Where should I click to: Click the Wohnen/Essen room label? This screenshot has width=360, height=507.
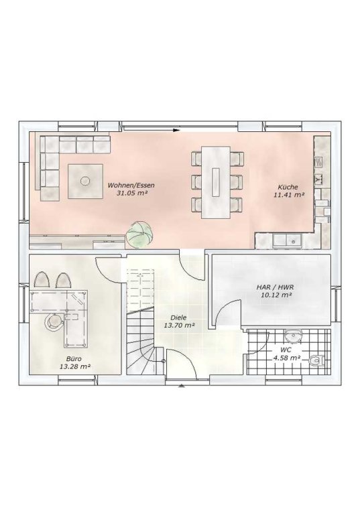tap(131, 186)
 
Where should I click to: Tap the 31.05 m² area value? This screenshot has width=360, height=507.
tap(131, 194)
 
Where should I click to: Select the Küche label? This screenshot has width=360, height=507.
tap(288, 187)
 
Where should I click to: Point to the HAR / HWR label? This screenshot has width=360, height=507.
tap(275, 287)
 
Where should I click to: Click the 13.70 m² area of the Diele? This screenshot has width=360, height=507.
tap(179, 325)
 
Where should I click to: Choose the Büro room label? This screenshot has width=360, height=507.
tap(74, 359)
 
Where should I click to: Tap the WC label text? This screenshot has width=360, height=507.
tap(286, 350)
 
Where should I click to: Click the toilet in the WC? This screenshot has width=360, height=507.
tap(317, 360)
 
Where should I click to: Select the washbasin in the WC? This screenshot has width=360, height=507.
tap(294, 336)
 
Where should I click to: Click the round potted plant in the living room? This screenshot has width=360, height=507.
tap(139, 234)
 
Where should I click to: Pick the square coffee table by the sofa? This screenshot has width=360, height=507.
tap(85, 181)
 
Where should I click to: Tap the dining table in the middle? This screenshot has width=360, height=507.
tap(216, 182)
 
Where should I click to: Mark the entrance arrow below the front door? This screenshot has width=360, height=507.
tap(182, 385)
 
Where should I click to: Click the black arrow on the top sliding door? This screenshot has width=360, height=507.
tap(176, 131)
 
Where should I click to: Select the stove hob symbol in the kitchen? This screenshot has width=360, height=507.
tap(319, 162)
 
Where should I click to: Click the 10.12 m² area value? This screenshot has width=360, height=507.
tap(276, 295)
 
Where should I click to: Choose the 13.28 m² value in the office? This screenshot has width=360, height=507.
tap(75, 366)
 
